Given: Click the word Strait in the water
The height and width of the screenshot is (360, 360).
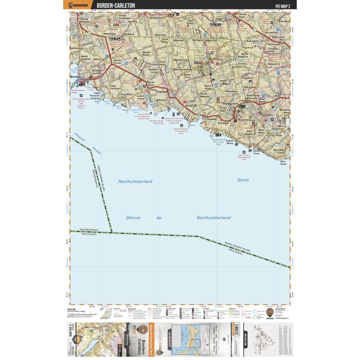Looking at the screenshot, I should tap(243, 181).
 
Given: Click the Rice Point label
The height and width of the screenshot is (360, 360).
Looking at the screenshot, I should tap(282, 163).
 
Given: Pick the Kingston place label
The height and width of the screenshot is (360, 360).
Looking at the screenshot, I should tap(247, 79).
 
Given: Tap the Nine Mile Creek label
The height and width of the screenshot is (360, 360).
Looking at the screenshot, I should tap(281, 152).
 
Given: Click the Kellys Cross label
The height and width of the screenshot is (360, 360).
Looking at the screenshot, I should tap(188, 77).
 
